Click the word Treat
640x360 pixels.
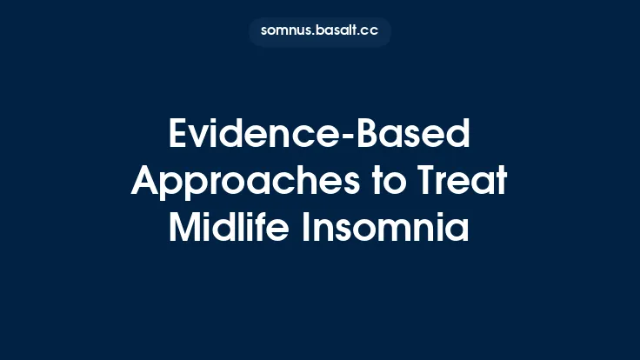[x=459, y=182]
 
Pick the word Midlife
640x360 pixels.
[x=229, y=228]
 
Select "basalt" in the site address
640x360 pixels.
[x=338, y=30]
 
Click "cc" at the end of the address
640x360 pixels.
[x=372, y=31]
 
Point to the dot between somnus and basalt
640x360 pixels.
[x=313, y=34]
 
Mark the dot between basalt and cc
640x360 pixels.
[x=362, y=34]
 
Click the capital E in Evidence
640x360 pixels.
[x=178, y=136]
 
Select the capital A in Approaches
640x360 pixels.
[x=147, y=182]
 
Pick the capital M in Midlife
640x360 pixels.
[x=184, y=228]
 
